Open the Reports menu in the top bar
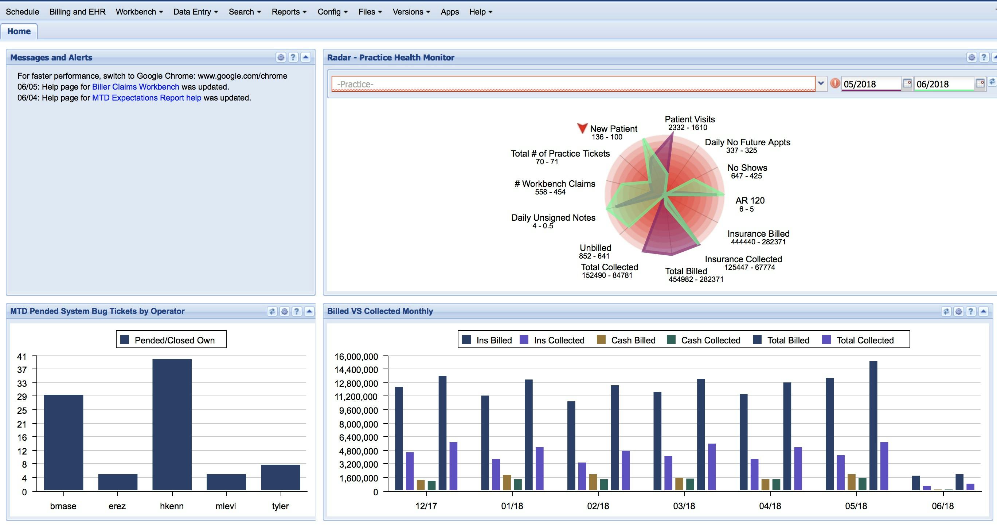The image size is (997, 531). click(289, 12)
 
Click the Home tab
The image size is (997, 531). click(19, 31)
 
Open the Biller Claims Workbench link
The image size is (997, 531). click(136, 87)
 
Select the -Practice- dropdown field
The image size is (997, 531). click(573, 84)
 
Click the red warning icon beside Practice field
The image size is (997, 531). click(835, 83)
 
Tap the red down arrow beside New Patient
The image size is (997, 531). click(582, 128)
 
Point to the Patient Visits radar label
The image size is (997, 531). click(690, 119)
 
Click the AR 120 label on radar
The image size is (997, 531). click(750, 200)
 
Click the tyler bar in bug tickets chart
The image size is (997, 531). click(280, 477)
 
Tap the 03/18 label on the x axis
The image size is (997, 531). click(684, 506)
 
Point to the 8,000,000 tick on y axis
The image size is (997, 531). click(359, 424)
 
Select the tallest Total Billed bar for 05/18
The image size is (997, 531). click(873, 425)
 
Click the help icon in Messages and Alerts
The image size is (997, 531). click(293, 57)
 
